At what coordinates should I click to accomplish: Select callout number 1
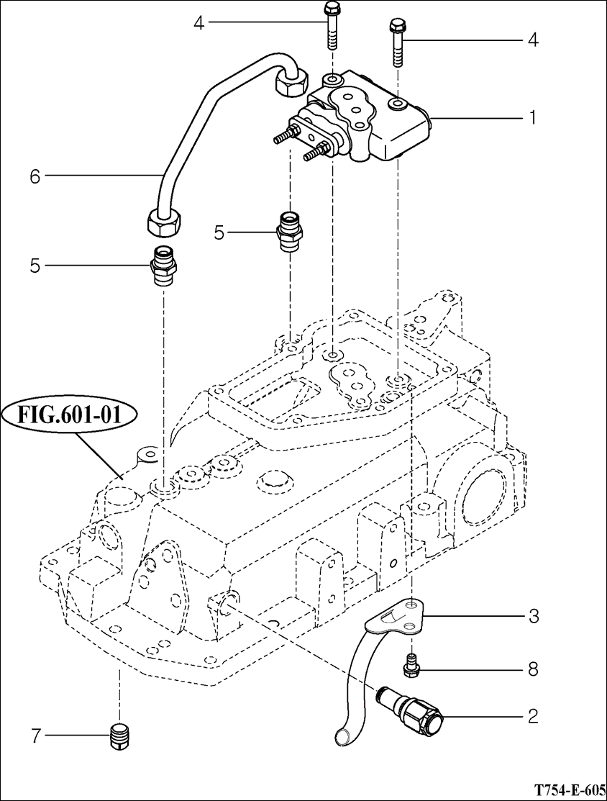tap(532, 118)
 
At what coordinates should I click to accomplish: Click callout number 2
tap(532, 716)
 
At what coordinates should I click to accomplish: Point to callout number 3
tap(532, 616)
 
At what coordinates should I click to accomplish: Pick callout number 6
tap(35, 177)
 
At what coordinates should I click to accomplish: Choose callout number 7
tap(35, 736)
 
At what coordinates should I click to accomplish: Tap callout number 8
tap(532, 669)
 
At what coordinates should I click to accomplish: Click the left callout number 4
tap(198, 23)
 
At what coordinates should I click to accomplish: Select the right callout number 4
tap(532, 40)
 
